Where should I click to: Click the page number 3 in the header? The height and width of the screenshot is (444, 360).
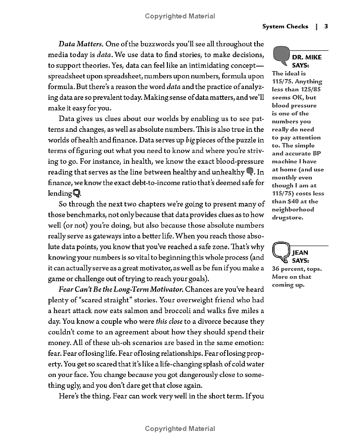tap(326, 27)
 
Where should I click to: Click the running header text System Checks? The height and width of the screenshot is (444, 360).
tap(285, 27)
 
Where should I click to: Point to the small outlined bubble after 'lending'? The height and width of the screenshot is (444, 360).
tap(77, 193)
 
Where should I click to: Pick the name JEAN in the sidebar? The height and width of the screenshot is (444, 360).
tap(300, 253)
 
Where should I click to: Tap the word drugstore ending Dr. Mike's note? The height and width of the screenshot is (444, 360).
tap(288, 218)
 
